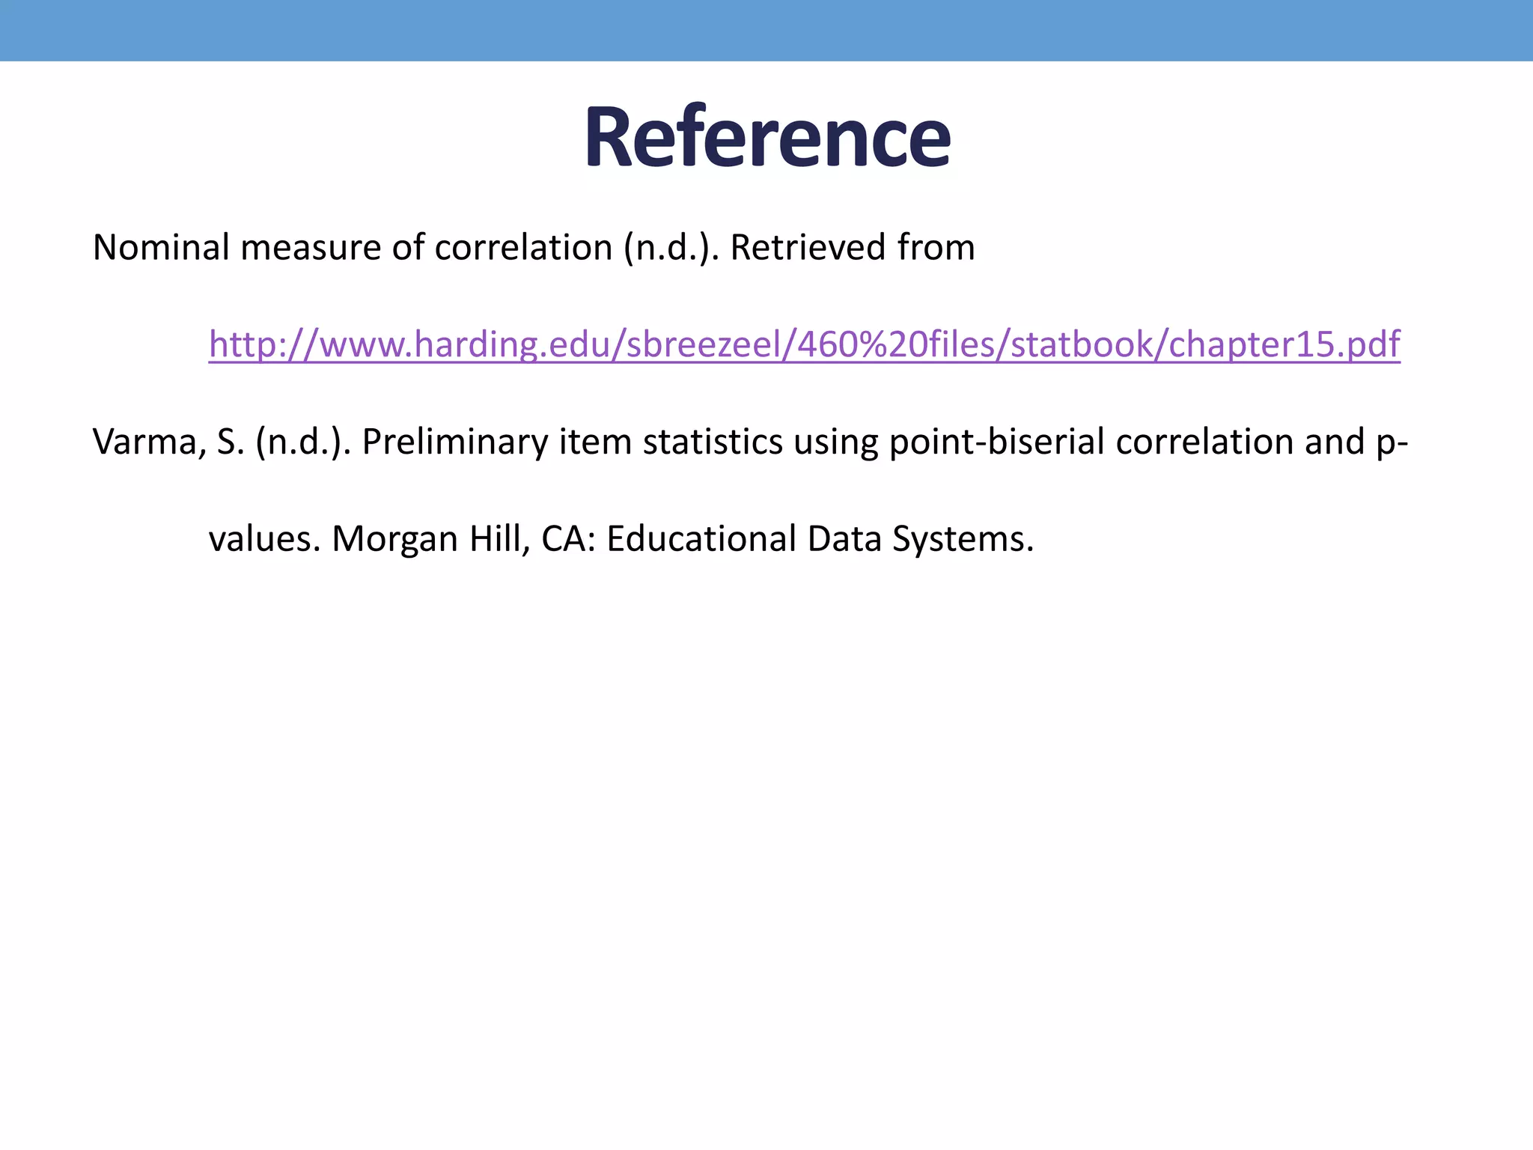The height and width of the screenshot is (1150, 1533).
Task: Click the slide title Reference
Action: point(767,139)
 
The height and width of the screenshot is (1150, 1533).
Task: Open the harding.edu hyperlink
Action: point(804,344)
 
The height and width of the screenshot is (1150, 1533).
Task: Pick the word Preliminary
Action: point(455,442)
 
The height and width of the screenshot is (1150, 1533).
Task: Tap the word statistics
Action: point(713,442)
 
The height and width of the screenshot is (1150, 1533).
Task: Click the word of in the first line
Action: point(408,247)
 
